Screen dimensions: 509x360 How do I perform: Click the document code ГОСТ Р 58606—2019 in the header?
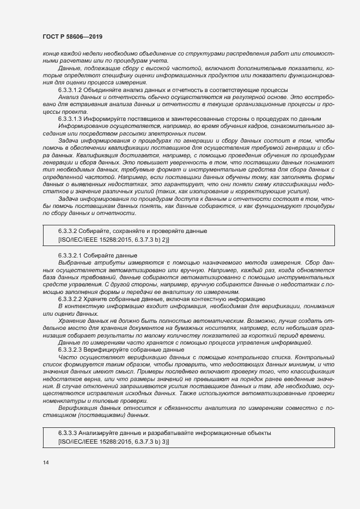[x=72, y=36]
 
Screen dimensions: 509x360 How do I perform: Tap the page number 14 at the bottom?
[x=46, y=463]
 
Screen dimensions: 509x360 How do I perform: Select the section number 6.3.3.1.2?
[x=70, y=89]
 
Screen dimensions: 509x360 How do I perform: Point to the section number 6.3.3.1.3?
[x=70, y=119]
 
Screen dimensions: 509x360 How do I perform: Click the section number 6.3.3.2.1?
[x=70, y=255]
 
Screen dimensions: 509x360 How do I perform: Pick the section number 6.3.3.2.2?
[x=70, y=299]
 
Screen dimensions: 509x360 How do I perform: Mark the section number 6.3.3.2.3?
[x=70, y=349]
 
